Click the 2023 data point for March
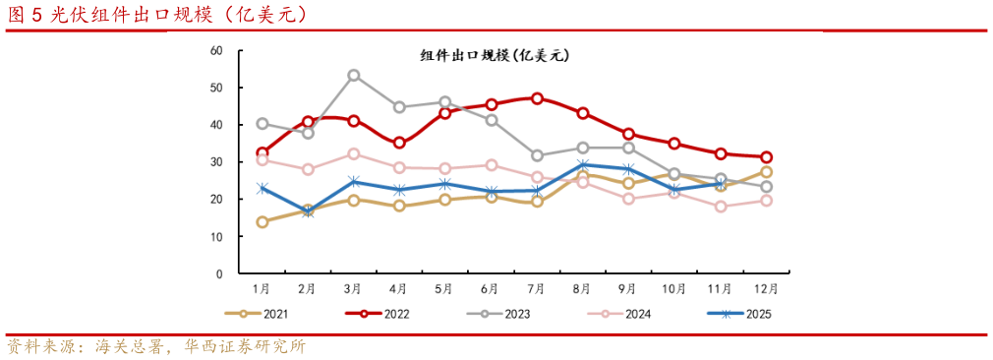(x=353, y=75)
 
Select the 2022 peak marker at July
(x=537, y=98)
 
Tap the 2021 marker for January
(x=262, y=221)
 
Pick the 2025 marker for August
(x=583, y=165)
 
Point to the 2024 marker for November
(x=721, y=207)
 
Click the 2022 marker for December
(x=766, y=157)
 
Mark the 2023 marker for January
(x=262, y=124)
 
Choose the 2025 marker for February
(x=308, y=211)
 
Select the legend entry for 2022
(x=382, y=314)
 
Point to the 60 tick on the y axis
(x=217, y=50)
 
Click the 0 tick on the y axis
(x=220, y=274)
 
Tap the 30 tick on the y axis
(x=217, y=162)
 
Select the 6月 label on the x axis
(x=490, y=289)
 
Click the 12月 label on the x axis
(x=765, y=289)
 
